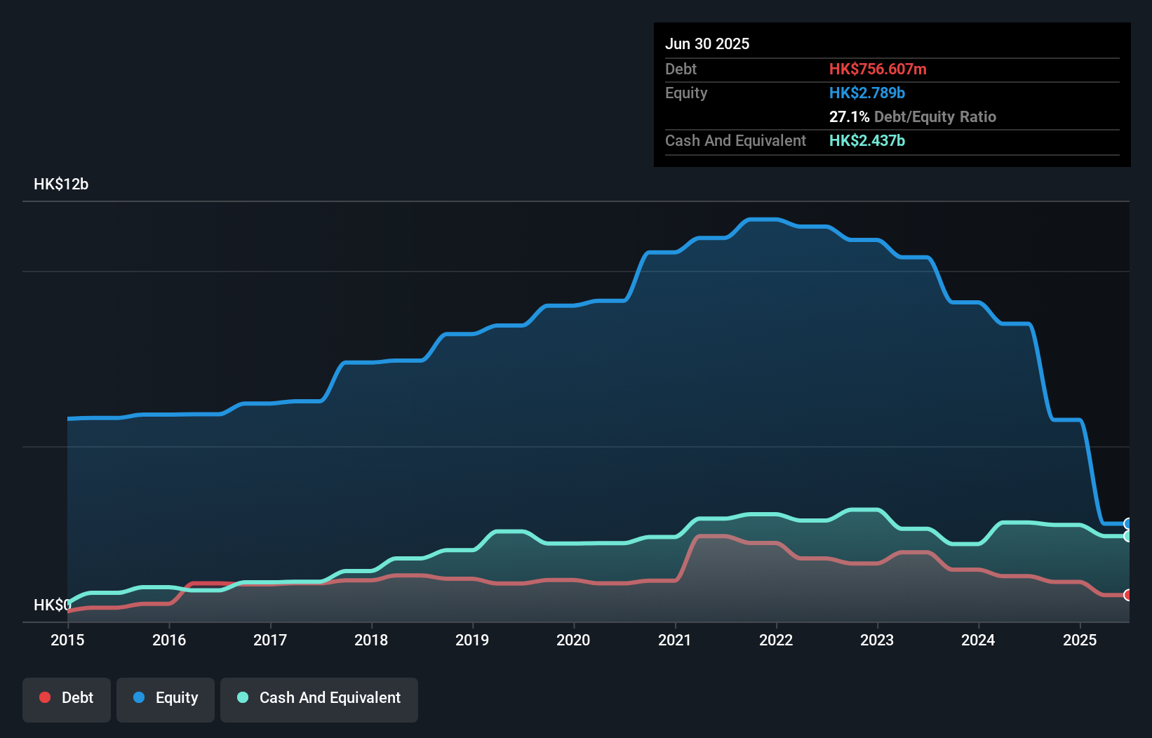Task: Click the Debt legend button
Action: coord(67,699)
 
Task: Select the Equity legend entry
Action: coord(166,699)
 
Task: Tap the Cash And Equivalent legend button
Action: coord(319,699)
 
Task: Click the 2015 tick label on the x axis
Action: coord(67,640)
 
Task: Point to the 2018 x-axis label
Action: coord(371,640)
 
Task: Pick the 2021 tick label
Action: coord(675,640)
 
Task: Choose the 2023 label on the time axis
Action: coord(877,640)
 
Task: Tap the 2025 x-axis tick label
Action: coord(1080,640)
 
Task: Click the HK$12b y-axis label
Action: coord(61,184)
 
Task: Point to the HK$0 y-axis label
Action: coord(52,605)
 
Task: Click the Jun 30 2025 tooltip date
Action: coord(707,44)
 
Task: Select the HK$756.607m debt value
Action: coord(878,69)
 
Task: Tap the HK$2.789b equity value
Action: coord(867,93)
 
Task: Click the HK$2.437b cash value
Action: coord(867,141)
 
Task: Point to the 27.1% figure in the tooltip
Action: coord(849,117)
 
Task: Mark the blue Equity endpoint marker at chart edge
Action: coord(1127,524)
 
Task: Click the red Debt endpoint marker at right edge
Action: coord(1127,595)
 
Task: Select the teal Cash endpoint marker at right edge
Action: coord(1127,536)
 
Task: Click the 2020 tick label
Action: coord(573,640)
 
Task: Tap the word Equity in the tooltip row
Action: coord(686,93)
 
